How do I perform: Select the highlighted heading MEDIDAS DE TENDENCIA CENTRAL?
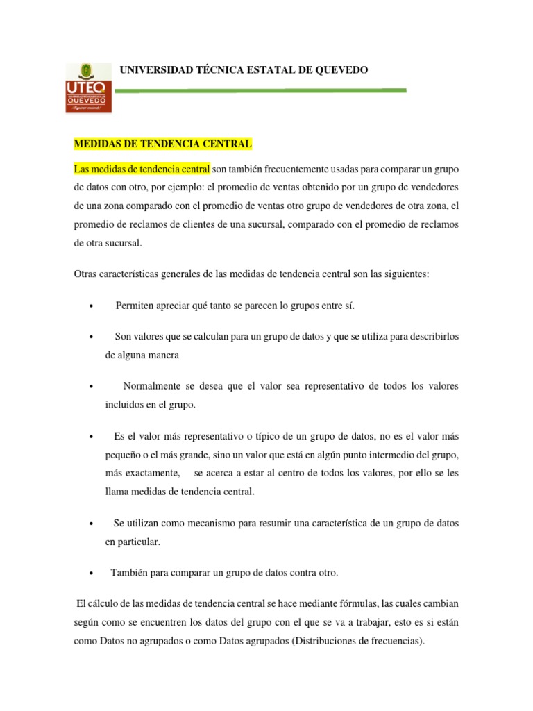pyautogui.click(x=163, y=144)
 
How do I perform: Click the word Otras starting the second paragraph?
pyautogui.click(x=87, y=274)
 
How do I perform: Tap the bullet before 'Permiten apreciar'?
pyautogui.click(x=92, y=306)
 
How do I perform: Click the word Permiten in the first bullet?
pyautogui.click(x=135, y=306)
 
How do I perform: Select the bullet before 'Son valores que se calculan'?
pyautogui.click(x=92, y=337)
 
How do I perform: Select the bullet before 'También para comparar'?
pyautogui.click(x=92, y=574)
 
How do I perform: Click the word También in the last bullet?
pyautogui.click(x=130, y=573)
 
